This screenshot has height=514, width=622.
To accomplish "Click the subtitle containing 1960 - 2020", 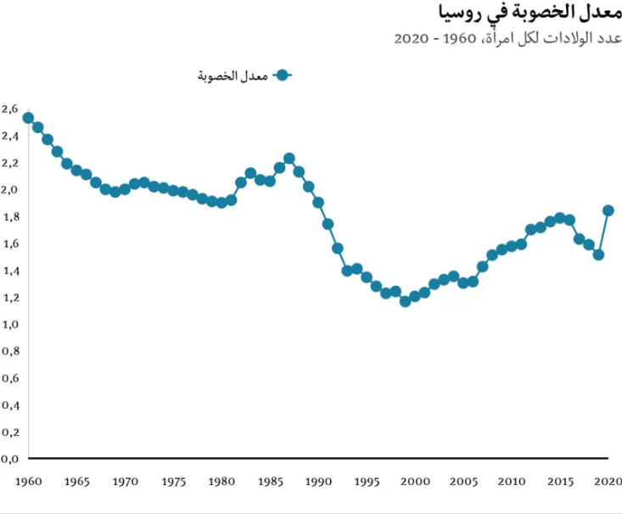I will pyautogui.click(x=509, y=39).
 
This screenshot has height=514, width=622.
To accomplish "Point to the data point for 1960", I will pyautogui.click(x=28, y=118).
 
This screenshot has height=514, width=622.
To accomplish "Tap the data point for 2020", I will pyautogui.click(x=608, y=210).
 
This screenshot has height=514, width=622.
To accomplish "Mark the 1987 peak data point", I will pyautogui.click(x=289, y=159).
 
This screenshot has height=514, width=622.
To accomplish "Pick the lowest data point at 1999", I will pyautogui.click(x=406, y=301).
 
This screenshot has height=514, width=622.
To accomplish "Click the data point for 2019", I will pyautogui.click(x=598, y=254).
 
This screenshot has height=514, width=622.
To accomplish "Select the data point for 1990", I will pyautogui.click(x=318, y=203).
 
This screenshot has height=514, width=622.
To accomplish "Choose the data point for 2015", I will pyautogui.click(x=560, y=218).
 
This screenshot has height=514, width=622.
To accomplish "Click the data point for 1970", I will pyautogui.click(x=125, y=189).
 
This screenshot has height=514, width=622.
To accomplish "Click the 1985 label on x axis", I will pyautogui.click(x=270, y=481).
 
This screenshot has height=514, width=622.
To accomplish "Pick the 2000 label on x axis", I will pyautogui.click(x=415, y=481).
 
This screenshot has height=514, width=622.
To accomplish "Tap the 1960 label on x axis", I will pyautogui.click(x=28, y=481).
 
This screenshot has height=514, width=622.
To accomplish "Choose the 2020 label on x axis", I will pyautogui.click(x=608, y=481).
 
